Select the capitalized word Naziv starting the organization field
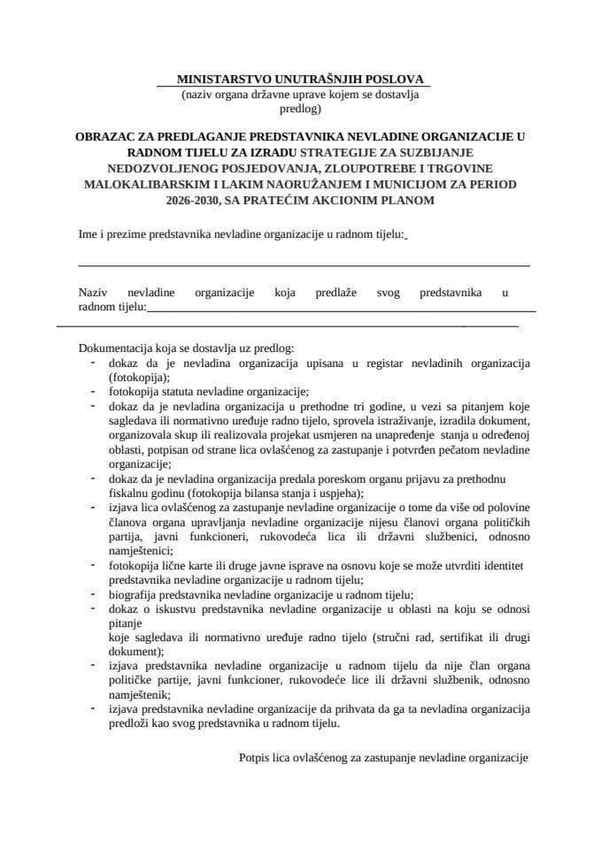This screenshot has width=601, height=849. pyautogui.click(x=93, y=291)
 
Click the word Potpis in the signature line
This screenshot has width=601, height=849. pyautogui.click(x=256, y=758)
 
